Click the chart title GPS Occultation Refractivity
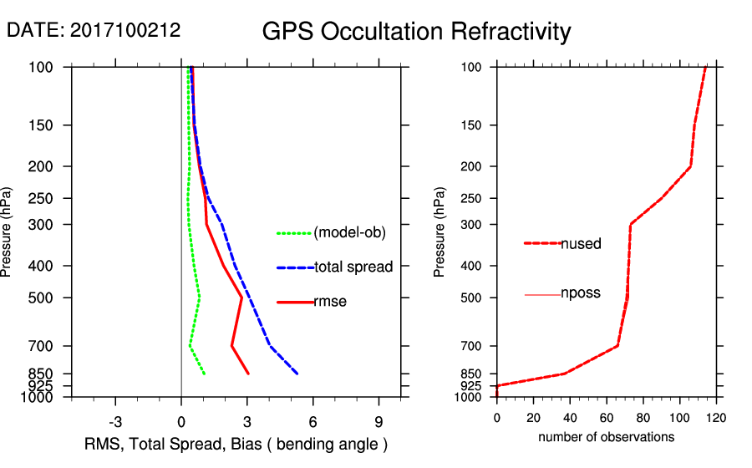pyautogui.click(x=416, y=32)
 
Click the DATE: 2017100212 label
pyautogui.click(x=94, y=31)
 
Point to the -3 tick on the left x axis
pyautogui.click(x=116, y=421)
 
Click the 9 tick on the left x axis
pyautogui.click(x=379, y=421)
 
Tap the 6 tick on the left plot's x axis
pyautogui.click(x=312, y=421)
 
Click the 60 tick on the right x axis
pyautogui.click(x=607, y=417)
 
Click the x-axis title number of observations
pyautogui.click(x=606, y=437)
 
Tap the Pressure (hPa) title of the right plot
pyautogui.click(x=440, y=232)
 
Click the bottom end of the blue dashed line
pyautogui.click(x=297, y=374)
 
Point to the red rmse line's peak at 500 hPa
pyautogui.click(x=242, y=298)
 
